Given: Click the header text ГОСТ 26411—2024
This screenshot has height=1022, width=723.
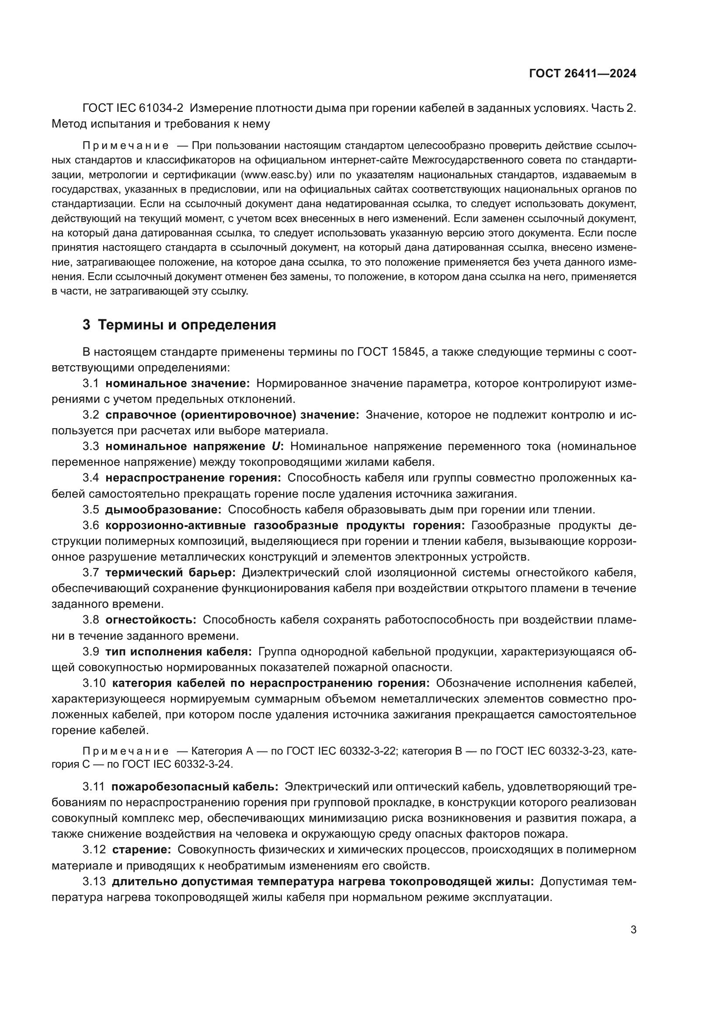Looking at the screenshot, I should pos(582,74).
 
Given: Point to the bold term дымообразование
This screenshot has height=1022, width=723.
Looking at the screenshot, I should pos(163,509).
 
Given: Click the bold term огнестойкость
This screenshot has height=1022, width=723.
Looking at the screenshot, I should pos(151,620).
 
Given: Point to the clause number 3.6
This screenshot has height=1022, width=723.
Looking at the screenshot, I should pos(91,525).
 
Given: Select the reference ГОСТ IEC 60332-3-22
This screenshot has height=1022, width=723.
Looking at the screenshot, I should pos(341,752).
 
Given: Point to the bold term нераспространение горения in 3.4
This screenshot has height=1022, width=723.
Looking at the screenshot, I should pos(193,478).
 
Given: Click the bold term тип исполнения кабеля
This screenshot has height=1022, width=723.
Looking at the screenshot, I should pos(178,651).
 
